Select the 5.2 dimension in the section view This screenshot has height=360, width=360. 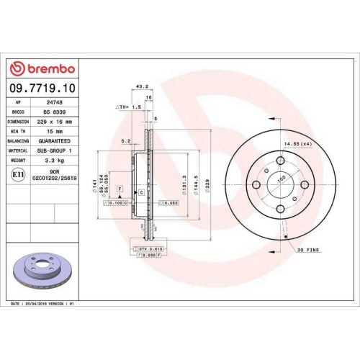coord(126,142)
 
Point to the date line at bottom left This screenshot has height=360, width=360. coord(42,305)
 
